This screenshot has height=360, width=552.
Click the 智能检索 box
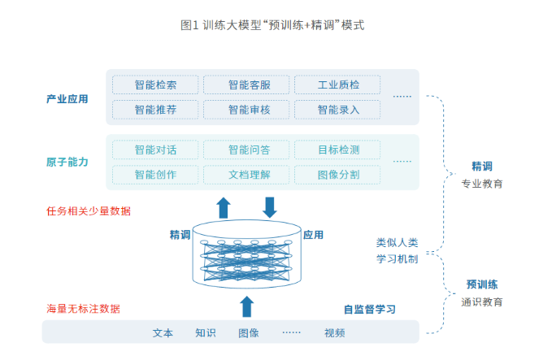tap(154, 85)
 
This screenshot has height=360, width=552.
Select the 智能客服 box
tap(245, 85)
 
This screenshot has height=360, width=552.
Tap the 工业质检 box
tap(336, 85)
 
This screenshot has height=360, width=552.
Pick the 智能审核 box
tap(245, 109)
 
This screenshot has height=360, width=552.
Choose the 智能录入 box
tap(336, 109)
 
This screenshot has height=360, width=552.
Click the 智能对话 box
tap(154, 150)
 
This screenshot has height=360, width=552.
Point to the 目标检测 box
tap(336, 150)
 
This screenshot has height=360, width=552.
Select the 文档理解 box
tap(245, 174)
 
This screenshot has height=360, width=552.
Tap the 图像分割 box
tap(336, 174)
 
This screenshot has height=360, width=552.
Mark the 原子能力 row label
tap(67, 162)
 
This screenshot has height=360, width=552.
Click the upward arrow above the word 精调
tap(224, 207)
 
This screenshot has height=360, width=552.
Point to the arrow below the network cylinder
tap(246, 306)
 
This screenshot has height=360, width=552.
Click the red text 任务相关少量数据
tap(89, 211)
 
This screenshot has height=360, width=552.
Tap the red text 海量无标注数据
tap(83, 309)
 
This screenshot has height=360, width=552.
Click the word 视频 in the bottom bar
tap(334, 332)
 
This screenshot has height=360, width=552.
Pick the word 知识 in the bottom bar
tap(206, 332)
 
